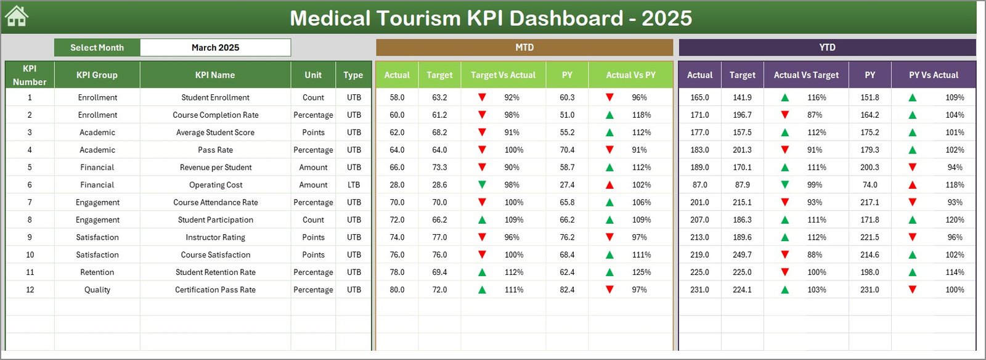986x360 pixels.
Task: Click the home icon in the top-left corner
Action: coord(17,17)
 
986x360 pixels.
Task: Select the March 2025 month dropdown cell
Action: coord(215,47)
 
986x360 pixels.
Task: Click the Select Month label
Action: coord(97,47)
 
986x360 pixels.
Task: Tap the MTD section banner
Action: coord(524,47)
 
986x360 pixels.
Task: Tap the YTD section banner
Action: coord(827,47)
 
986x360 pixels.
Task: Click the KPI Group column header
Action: coord(97,75)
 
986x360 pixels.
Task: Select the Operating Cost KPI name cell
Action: coord(215,185)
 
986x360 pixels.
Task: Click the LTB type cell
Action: coord(354,185)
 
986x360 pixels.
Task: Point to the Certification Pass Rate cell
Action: coord(215,290)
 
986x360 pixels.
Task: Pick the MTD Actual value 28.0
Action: coord(397,185)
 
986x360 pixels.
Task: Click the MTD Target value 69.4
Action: coord(439,272)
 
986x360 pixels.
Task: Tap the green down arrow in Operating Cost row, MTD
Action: coord(482,185)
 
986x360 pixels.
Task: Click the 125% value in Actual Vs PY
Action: coord(641,272)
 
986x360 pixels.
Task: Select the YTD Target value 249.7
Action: coord(742,255)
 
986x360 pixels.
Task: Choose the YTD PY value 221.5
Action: coord(870,237)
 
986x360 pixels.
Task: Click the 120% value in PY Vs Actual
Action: coord(955,220)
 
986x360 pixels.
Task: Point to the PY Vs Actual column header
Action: coord(933,75)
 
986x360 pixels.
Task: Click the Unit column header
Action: coord(313,75)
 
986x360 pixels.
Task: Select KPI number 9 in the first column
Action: coord(30,237)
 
